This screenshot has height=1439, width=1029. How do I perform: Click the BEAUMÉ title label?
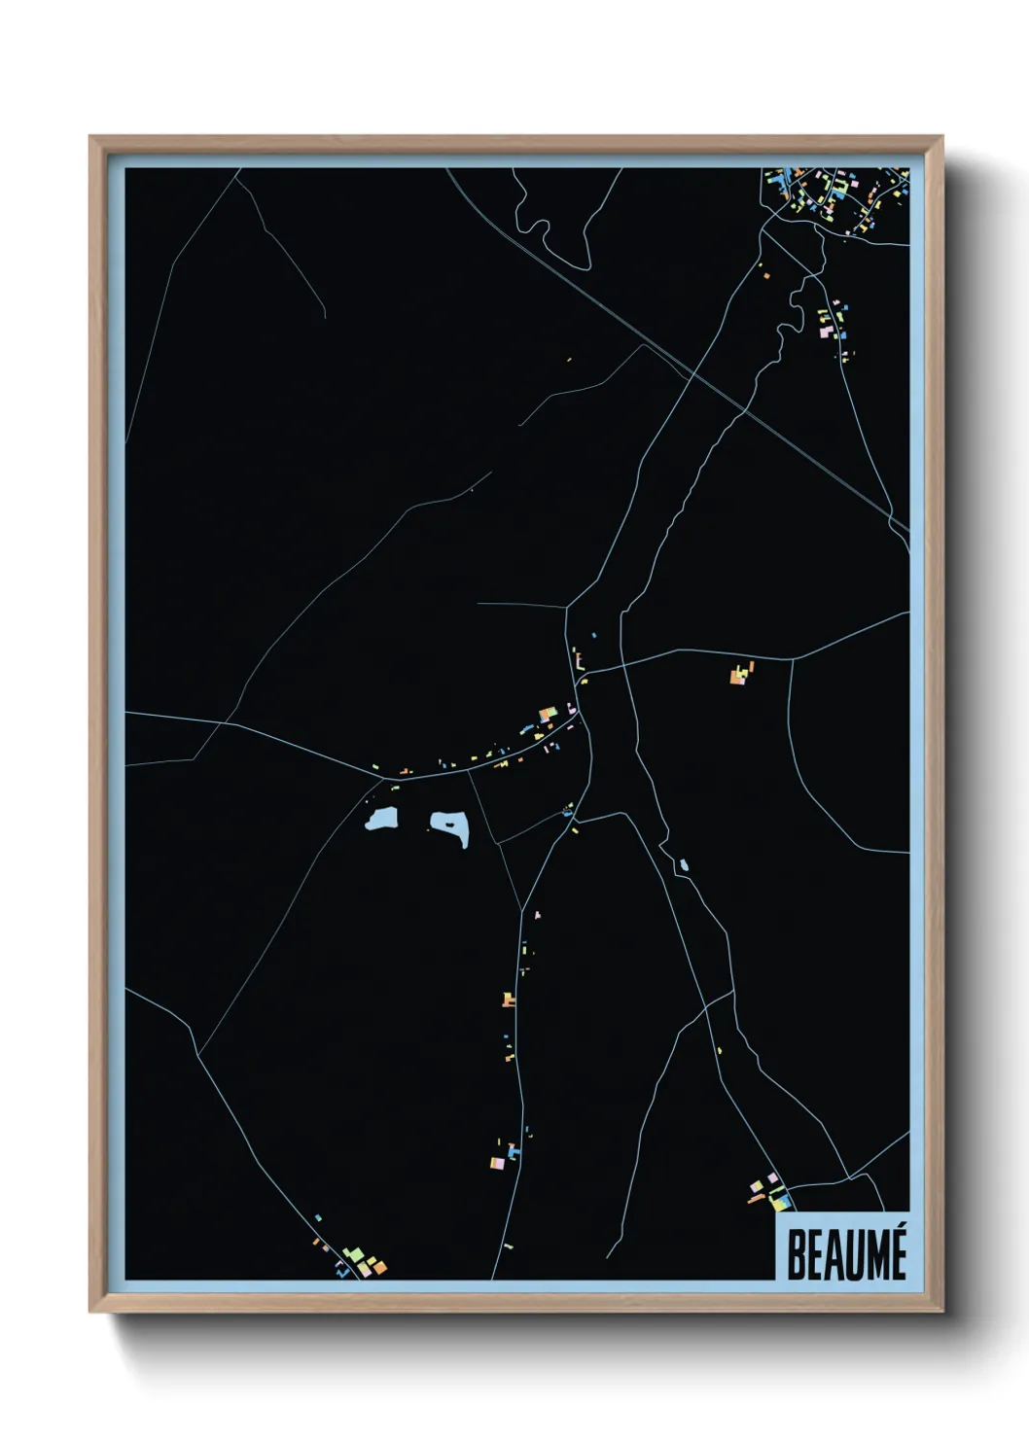(845, 1254)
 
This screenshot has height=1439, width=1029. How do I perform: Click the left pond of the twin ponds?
(381, 820)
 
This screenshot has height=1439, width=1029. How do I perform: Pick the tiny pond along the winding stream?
(684, 864)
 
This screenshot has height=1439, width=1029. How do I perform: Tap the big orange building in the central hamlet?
(547, 715)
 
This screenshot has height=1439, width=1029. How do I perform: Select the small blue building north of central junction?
(593, 636)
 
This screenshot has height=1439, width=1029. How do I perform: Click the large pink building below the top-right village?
(826, 332)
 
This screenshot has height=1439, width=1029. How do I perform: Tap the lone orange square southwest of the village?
(766, 276)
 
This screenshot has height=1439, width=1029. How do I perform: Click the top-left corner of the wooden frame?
(90, 137)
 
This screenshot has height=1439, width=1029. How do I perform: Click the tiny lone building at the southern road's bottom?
(508, 1246)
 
